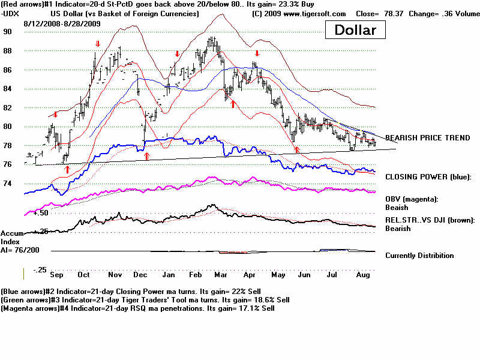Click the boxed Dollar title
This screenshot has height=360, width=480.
pyautogui.click(x=355, y=30)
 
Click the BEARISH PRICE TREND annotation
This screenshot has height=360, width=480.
pyautogui.click(x=428, y=138)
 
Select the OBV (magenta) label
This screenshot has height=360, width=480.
pyautogui.click(x=412, y=199)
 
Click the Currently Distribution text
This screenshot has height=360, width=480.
pyautogui.click(x=419, y=256)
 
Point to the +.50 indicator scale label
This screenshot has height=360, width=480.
pyautogui.click(x=40, y=213)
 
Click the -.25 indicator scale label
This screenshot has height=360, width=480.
pyautogui.click(x=40, y=270)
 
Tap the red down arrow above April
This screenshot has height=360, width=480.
pyautogui.click(x=256, y=53)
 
